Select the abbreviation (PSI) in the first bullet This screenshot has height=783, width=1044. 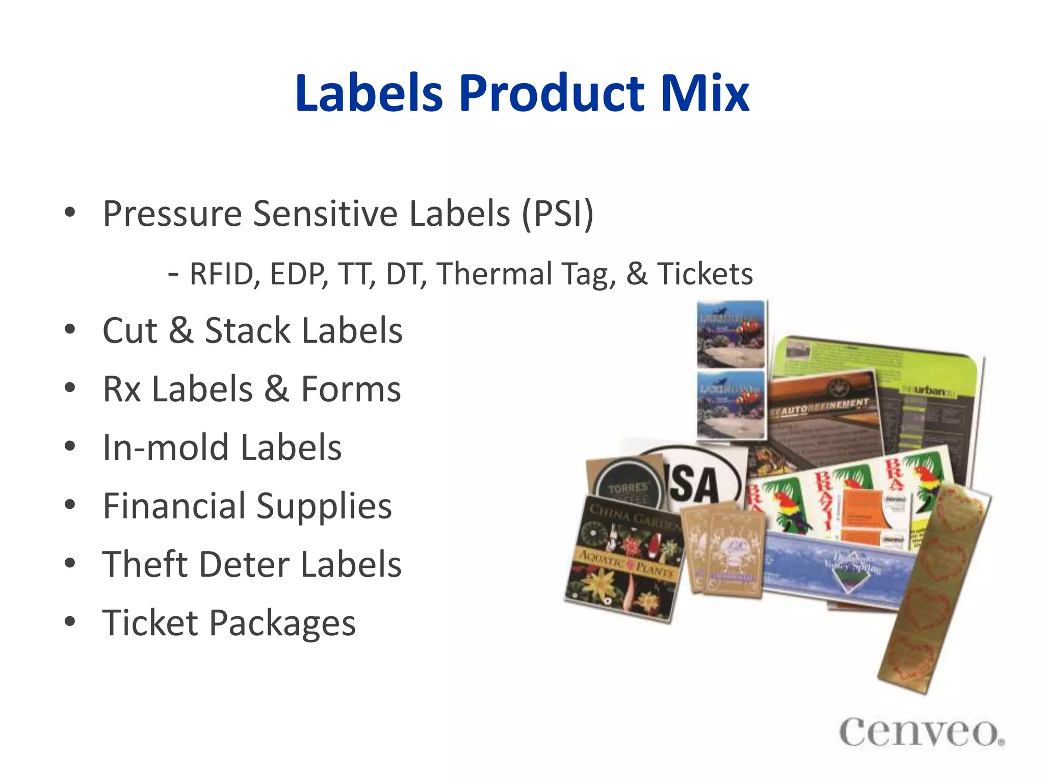tap(558, 214)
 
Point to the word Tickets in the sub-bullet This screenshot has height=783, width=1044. tap(704, 274)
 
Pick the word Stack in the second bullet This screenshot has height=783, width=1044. tap(247, 330)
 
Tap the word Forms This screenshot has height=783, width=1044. tap(351, 389)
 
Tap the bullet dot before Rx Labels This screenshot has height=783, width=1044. tap(70, 388)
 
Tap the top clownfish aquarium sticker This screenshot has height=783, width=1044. tap(731, 333)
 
